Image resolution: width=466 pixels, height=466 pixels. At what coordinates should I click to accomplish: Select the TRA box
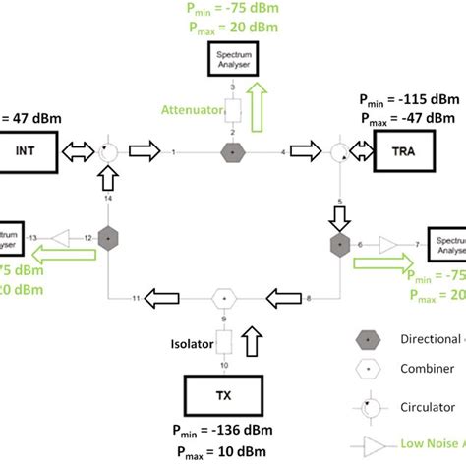pos(404,152)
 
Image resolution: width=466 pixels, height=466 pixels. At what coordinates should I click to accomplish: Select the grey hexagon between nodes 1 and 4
pos(233,152)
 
